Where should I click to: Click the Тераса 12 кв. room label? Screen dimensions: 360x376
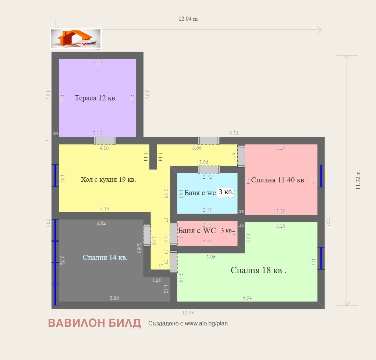(x=96, y=98)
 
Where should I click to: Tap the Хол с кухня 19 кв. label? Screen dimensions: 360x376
(x=109, y=180)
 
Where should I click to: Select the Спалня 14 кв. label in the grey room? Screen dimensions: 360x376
(x=105, y=258)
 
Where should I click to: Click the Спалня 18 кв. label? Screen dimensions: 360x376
(x=258, y=271)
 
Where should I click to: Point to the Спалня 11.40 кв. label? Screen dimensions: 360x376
(x=280, y=180)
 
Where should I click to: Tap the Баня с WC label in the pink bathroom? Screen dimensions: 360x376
(x=197, y=231)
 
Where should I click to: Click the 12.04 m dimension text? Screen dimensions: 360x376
(x=188, y=19)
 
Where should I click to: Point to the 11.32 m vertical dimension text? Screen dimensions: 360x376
(x=358, y=180)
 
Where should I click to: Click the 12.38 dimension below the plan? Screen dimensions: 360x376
(x=188, y=313)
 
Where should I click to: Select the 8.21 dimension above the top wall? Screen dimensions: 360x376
(x=234, y=133)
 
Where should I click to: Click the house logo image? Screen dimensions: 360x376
(x=76, y=39)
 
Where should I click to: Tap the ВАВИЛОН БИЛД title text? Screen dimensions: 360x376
(x=95, y=323)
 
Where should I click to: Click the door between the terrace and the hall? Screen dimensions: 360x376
(x=105, y=140)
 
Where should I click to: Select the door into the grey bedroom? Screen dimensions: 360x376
(x=147, y=235)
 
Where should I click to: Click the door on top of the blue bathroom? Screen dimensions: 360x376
(x=209, y=169)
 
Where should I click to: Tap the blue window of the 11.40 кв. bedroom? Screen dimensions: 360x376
(x=321, y=176)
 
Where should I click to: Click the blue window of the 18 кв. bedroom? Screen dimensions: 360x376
(x=321, y=258)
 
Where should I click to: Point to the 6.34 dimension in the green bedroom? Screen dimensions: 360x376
(x=247, y=298)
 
